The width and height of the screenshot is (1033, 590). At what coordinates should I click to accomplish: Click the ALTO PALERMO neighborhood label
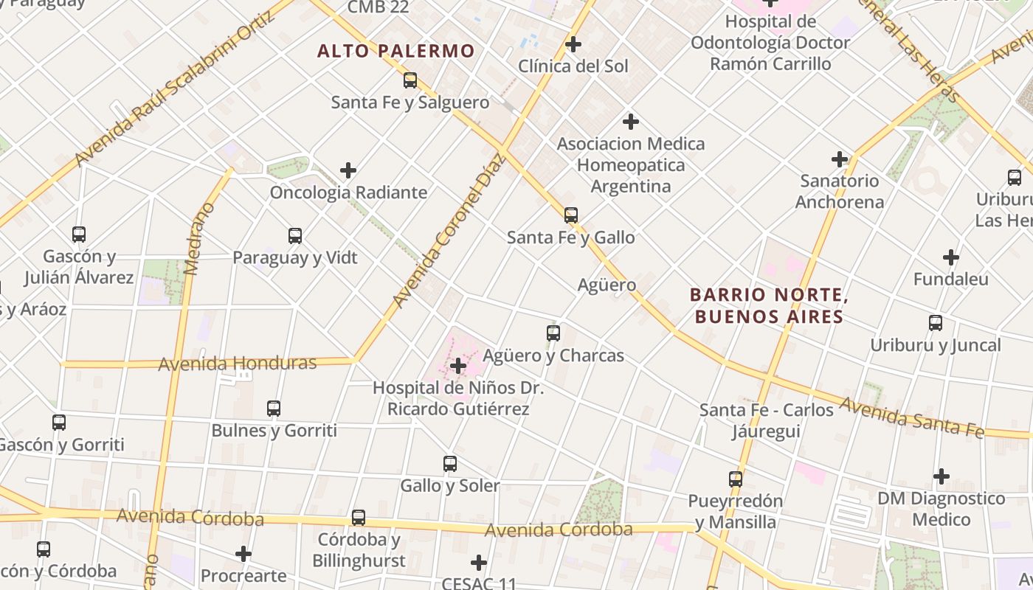tap(395, 51)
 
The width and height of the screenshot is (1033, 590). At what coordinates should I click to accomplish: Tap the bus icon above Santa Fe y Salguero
tap(410, 80)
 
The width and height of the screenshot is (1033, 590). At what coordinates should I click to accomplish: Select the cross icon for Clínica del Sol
tap(573, 44)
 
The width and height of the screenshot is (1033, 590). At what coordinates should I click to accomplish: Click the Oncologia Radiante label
tap(348, 192)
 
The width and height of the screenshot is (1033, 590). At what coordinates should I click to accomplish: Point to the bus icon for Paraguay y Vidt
tap(295, 236)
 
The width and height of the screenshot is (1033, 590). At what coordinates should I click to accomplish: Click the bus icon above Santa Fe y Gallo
tap(570, 215)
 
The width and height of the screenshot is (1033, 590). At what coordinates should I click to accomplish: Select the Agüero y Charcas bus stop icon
tap(553, 333)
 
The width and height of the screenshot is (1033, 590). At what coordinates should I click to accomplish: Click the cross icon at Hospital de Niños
tap(458, 365)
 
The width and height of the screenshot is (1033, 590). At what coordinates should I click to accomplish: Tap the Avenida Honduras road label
tap(238, 363)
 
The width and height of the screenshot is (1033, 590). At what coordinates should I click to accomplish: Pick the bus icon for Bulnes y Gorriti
tap(274, 408)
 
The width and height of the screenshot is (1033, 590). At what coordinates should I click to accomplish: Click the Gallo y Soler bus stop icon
tap(450, 464)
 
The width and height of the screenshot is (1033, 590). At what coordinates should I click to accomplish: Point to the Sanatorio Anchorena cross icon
tap(839, 159)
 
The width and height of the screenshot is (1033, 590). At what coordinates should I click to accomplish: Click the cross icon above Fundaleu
tap(951, 257)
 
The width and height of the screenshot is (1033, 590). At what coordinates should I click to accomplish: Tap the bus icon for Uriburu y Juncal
tap(936, 323)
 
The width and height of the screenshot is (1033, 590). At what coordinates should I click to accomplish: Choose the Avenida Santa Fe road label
tap(912, 417)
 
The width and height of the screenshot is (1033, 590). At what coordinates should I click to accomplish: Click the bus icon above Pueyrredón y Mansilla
tap(736, 479)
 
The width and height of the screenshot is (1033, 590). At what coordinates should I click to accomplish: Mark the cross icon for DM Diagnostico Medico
tap(942, 476)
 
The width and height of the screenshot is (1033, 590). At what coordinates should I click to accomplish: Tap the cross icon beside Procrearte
tap(243, 553)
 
